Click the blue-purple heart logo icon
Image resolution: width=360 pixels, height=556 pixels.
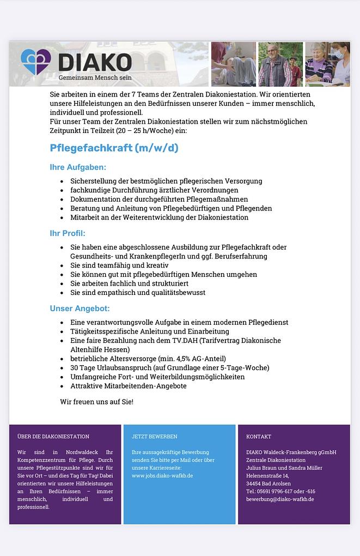coord(35,62)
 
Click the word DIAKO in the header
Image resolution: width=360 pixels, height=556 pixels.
coord(94,62)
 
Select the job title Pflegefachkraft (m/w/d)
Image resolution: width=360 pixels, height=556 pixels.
coord(114,148)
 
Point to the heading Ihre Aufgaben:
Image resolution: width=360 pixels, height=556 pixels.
coord(78,167)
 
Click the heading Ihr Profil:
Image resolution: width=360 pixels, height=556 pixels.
coord(68,233)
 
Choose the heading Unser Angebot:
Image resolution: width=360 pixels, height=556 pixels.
coord(80,309)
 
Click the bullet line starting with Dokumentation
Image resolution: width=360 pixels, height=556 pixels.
coord(159,199)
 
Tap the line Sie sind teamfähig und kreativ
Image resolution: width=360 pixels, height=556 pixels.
coord(119,265)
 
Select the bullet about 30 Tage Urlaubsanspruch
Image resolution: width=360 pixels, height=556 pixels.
coord(169,368)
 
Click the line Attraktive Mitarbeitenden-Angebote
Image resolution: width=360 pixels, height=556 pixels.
coord(128,386)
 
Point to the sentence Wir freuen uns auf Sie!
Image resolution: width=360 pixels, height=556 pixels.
coord(96,402)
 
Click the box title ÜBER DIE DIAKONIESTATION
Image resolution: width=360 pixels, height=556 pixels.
coord(53,437)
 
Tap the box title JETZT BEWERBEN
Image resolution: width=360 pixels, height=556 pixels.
coord(154,437)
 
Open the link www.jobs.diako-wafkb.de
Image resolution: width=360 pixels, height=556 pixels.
coord(162,476)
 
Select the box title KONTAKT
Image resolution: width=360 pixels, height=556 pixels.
coord(258,437)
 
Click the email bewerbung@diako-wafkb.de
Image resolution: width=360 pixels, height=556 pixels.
coord(280,499)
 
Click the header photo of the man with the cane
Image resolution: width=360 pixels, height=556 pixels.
coord(280,64)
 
